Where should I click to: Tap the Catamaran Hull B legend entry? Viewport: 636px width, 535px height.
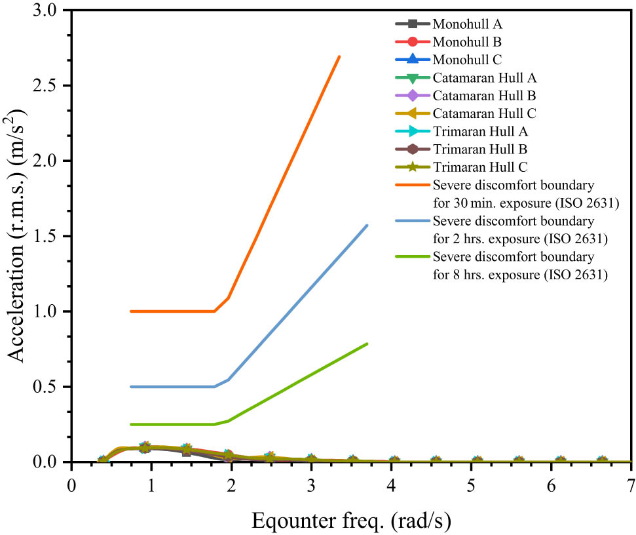(484, 96)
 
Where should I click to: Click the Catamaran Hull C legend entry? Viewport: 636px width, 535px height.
(484, 113)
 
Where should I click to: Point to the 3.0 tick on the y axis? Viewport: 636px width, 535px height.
(45, 10)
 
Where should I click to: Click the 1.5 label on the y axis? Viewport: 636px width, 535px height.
(45, 236)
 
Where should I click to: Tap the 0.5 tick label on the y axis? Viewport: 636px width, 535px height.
(45, 387)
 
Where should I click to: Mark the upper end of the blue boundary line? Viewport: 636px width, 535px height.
(367, 226)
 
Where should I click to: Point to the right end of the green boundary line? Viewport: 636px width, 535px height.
(367, 344)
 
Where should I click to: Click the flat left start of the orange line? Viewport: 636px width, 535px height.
(132, 311)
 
